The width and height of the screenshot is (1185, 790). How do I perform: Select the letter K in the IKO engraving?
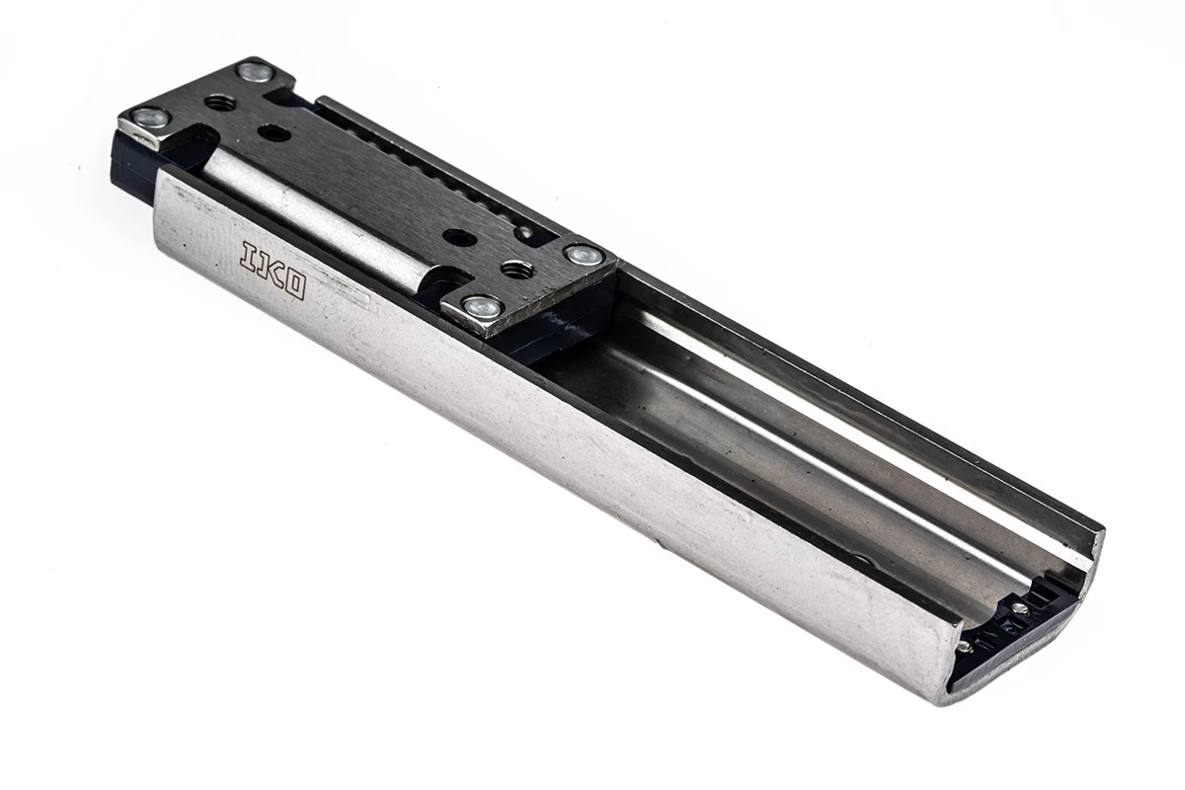click(x=271, y=269)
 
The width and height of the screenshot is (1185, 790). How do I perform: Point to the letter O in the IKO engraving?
click(x=293, y=284)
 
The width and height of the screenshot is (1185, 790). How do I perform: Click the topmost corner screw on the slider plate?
click(x=255, y=71)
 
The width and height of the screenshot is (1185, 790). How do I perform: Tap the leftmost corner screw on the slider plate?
click(x=150, y=118)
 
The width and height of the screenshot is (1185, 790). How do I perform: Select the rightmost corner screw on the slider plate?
click(x=584, y=255)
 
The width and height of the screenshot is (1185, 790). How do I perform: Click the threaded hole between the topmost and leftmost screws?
click(x=220, y=102)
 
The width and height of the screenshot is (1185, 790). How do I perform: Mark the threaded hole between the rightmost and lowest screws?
click(x=516, y=269)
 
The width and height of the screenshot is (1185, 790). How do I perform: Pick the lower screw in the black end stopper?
click(x=963, y=647)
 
